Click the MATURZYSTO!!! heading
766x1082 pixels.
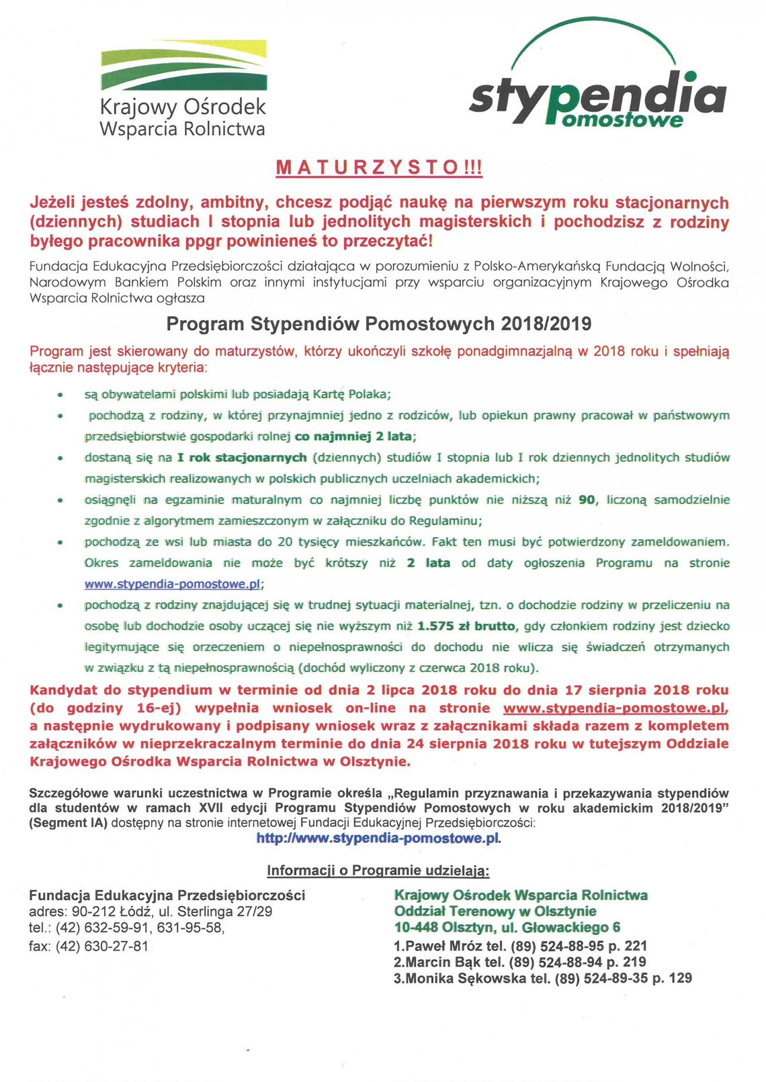(379, 167)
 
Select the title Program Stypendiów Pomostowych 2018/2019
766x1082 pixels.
(379, 324)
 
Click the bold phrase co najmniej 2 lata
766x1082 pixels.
(353, 436)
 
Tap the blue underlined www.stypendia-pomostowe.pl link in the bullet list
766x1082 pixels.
(171, 584)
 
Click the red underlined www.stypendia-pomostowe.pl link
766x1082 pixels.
(614, 708)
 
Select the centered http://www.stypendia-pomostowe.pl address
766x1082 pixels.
(378, 838)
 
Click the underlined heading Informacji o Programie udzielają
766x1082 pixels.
(378, 871)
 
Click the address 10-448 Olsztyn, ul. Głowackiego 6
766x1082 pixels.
(507, 928)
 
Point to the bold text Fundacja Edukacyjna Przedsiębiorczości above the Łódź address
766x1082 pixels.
(167, 895)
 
